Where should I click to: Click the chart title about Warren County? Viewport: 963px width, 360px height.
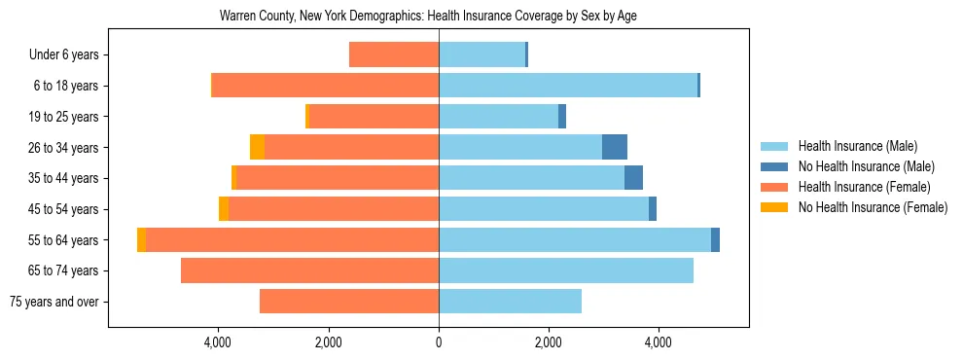(x=428, y=17)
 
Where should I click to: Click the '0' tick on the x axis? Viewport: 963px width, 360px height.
(x=439, y=342)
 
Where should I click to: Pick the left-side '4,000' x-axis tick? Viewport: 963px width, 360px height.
(x=218, y=342)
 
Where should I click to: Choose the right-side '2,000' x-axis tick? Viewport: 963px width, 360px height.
(x=549, y=342)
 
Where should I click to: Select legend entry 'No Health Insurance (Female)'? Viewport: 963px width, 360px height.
(x=873, y=207)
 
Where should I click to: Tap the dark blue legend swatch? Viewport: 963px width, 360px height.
(x=774, y=166)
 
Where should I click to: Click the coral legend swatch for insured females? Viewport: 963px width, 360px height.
(x=774, y=187)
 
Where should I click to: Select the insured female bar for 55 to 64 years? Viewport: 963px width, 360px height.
(x=292, y=240)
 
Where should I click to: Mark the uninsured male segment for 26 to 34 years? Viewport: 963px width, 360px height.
(x=615, y=148)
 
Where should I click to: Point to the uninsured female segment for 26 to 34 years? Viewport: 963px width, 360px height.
(x=257, y=148)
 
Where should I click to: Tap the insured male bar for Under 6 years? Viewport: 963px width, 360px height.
(x=481, y=55)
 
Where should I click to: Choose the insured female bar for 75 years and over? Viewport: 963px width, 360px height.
(x=349, y=302)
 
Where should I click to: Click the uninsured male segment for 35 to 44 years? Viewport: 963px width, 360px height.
(x=633, y=178)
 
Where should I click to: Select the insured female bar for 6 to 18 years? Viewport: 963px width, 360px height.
(x=325, y=86)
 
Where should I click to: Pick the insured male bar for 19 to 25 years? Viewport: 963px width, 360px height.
(x=498, y=117)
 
